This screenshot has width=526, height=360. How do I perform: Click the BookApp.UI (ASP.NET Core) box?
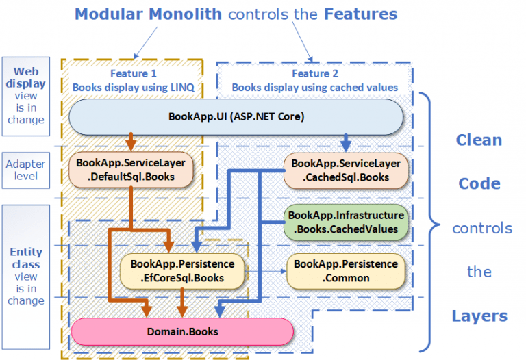(236, 116)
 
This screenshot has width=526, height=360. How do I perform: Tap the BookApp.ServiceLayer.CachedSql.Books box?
(346, 170)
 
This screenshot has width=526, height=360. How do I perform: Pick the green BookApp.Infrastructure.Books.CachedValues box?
(346, 222)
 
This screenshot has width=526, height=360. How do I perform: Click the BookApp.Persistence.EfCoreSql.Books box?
(182, 271)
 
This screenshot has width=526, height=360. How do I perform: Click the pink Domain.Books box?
(182, 332)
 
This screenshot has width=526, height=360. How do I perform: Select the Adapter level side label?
(27, 170)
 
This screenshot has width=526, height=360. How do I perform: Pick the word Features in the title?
(361, 14)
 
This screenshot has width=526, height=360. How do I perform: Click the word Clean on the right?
(479, 140)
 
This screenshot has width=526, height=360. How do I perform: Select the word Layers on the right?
(479, 316)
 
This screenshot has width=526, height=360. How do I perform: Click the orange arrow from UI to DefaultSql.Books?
(129, 142)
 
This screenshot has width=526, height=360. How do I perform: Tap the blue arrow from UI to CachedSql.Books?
(346, 142)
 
